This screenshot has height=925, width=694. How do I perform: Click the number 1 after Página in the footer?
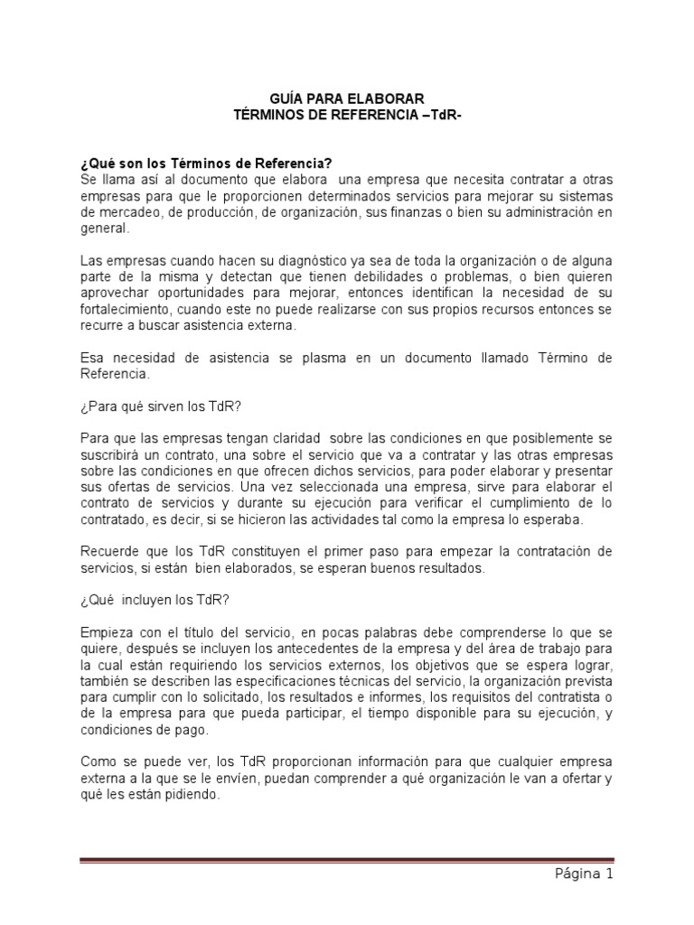[x=610, y=874]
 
